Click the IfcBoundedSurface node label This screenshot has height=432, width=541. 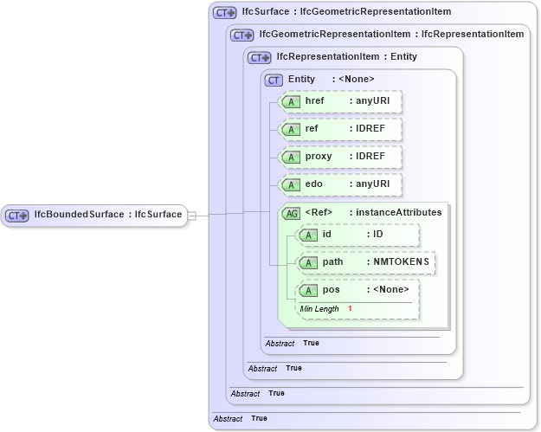(x=107, y=215)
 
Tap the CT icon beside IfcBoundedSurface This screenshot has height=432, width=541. (x=18, y=215)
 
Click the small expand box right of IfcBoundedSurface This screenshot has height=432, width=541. (x=192, y=215)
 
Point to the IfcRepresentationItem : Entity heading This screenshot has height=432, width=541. (x=346, y=57)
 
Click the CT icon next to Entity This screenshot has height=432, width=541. (x=274, y=80)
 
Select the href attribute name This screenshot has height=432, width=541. (x=315, y=102)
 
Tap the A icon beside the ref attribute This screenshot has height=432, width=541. (x=293, y=129)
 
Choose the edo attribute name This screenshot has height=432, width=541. (x=315, y=184)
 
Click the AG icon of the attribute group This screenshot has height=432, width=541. (x=293, y=213)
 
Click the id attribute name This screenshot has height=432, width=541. (x=327, y=235)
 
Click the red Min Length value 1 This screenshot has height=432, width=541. (x=351, y=309)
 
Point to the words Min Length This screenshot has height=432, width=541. (x=319, y=309)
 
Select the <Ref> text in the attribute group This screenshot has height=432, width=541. (x=319, y=212)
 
